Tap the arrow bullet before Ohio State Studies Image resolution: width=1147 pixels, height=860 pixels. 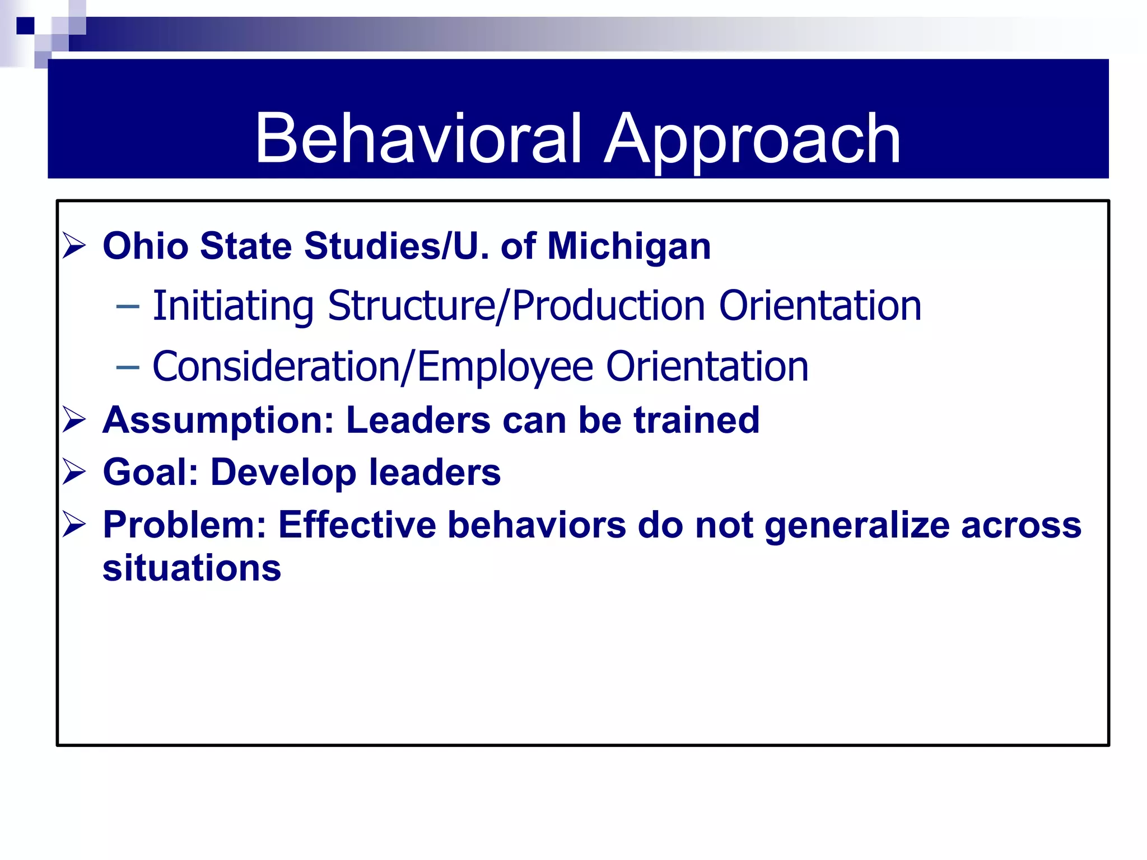click(x=74, y=246)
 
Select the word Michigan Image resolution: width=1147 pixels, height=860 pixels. click(x=629, y=247)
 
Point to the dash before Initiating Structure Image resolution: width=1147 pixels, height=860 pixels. click(x=128, y=306)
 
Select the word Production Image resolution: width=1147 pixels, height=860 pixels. click(x=609, y=306)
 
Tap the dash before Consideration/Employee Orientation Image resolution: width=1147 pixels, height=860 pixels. click(x=128, y=367)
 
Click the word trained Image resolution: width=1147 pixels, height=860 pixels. click(x=696, y=420)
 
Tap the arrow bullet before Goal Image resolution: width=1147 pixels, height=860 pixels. click(x=74, y=471)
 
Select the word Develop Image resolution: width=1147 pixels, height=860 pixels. click(x=283, y=473)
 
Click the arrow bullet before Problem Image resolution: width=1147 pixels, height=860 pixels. click(x=74, y=525)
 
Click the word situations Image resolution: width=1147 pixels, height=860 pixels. click(x=192, y=568)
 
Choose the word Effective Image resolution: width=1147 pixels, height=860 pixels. click(x=357, y=525)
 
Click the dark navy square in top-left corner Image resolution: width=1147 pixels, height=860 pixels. click(x=25, y=26)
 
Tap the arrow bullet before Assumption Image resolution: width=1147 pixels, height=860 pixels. click(x=74, y=420)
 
